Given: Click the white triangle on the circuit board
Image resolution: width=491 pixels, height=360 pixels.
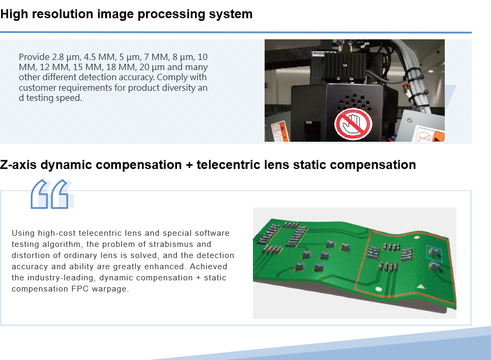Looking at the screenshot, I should pos(421,286).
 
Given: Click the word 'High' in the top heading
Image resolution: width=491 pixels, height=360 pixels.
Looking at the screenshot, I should pos(14,14).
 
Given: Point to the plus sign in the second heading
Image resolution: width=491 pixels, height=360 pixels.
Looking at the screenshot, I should pos(189,165).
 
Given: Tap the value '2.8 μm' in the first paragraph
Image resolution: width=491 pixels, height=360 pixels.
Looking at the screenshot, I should pos(65,57).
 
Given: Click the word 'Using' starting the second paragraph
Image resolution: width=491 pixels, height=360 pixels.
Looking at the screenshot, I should pos(22,233).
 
